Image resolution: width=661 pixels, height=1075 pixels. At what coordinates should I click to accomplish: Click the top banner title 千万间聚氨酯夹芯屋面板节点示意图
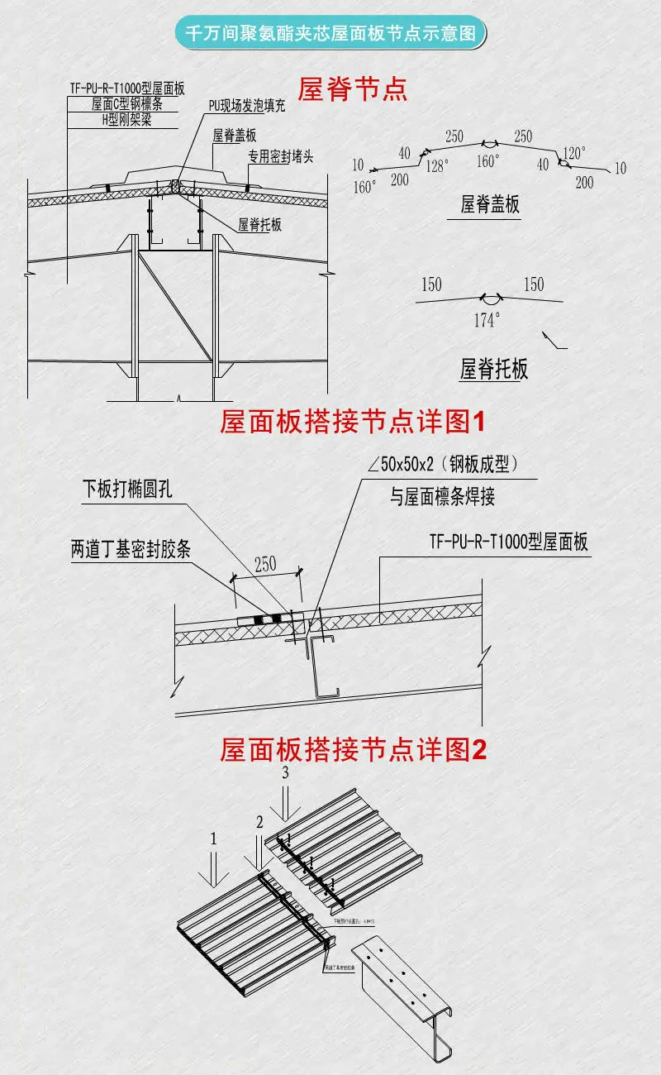tap(330, 34)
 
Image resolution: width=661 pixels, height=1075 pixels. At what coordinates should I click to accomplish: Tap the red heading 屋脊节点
tap(353, 89)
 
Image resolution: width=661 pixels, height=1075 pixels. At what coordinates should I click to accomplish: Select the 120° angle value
tap(573, 153)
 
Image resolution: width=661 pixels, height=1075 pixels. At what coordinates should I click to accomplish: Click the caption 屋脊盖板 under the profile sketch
tap(490, 203)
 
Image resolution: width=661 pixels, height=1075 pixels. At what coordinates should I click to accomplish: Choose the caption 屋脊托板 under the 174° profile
tap(493, 369)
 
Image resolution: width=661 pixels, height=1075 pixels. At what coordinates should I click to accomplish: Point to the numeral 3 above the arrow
tap(286, 774)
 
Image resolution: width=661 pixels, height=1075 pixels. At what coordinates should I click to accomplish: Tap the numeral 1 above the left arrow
tap(213, 838)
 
